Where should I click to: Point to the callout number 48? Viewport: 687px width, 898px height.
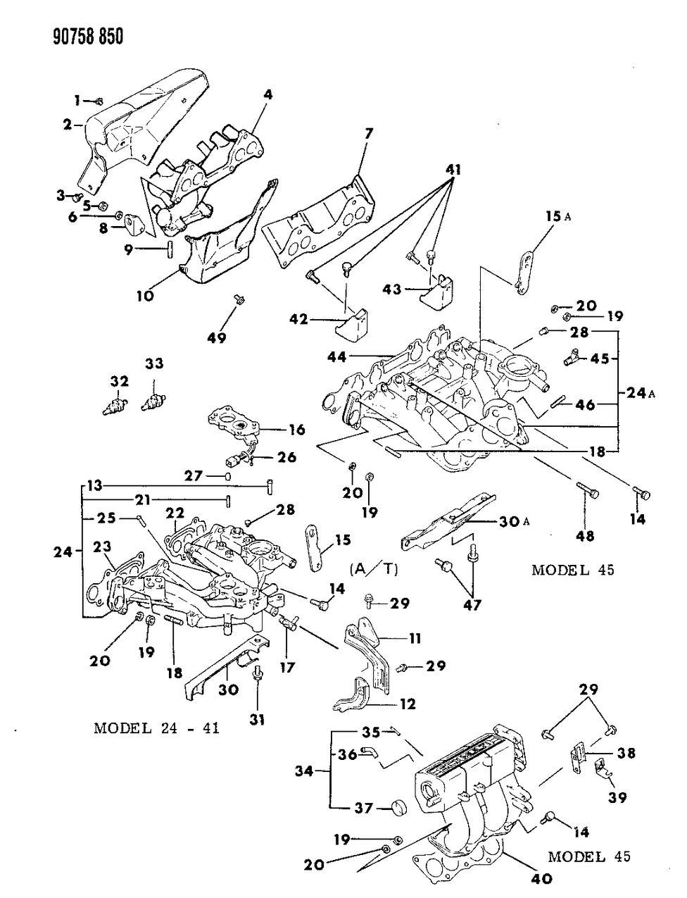coord(584,536)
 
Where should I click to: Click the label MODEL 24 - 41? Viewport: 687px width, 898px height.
coord(156,728)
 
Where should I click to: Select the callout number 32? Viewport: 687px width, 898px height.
coord(119,381)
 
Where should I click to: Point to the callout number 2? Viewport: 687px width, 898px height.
coord(68,125)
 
